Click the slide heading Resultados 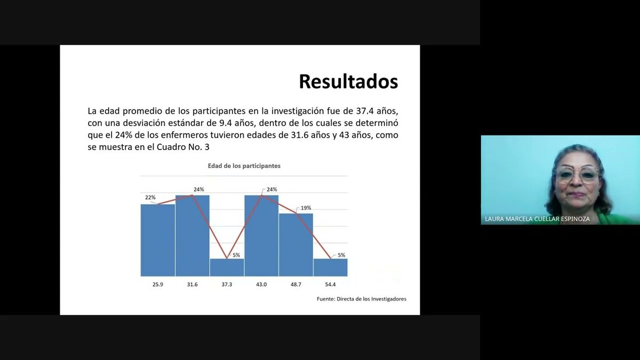click(348, 82)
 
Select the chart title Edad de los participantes click(244, 166)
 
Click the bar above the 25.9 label click(158, 240)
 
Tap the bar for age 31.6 click(193, 236)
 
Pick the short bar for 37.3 click(227, 268)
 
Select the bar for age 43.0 click(261, 236)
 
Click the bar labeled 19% click(296, 245)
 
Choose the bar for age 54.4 click(330, 268)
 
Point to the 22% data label click(150, 197)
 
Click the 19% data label click(306, 208)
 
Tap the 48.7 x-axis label click(296, 285)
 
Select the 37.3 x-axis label click(227, 285)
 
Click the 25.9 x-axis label click(158, 285)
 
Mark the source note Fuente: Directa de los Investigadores click(361, 299)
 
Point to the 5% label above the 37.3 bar click(236, 255)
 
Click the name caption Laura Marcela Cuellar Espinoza click(537, 219)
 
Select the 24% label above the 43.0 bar click(271, 189)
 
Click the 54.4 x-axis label click(330, 285)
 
